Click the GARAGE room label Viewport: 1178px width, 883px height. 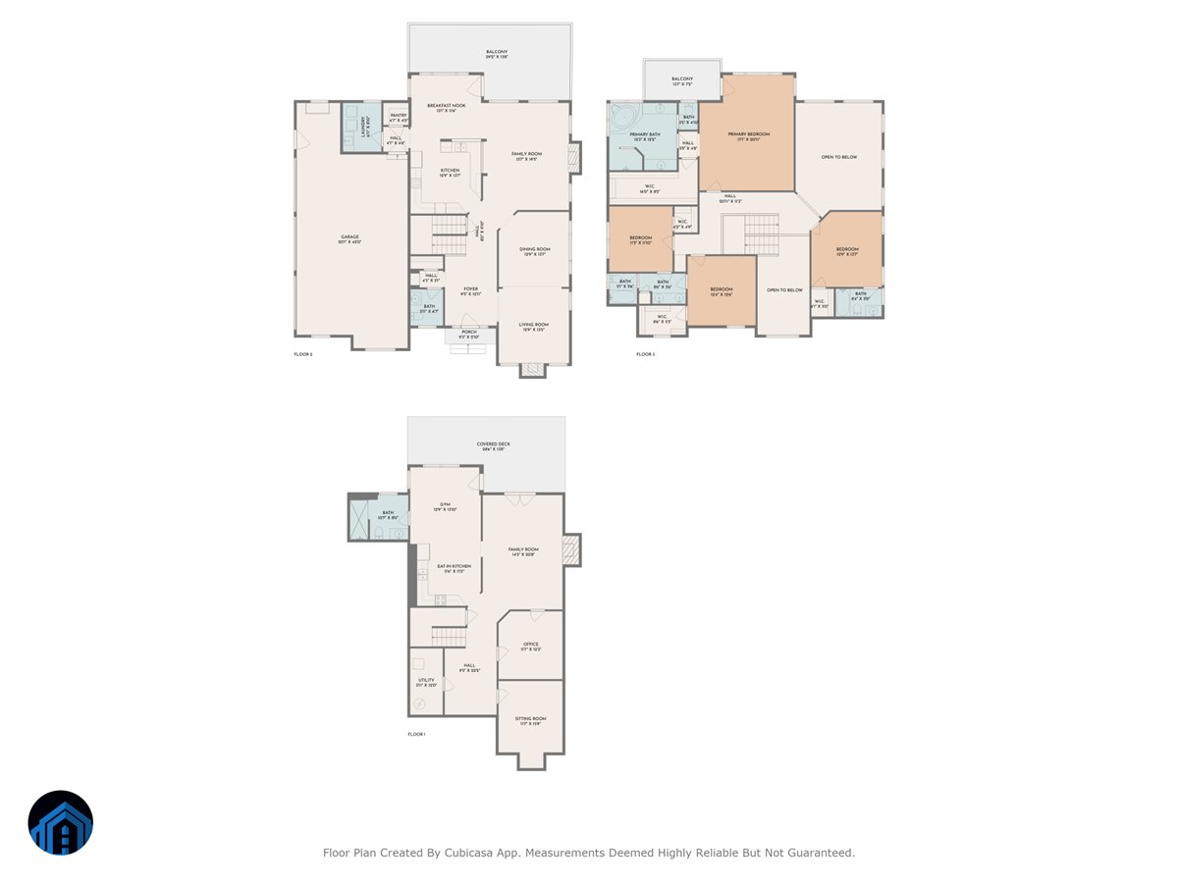click(x=350, y=238)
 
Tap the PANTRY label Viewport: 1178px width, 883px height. click(x=398, y=118)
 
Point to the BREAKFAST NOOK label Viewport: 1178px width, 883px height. click(x=446, y=107)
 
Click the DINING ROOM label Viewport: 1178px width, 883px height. click(x=535, y=251)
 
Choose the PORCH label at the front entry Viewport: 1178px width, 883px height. click(x=469, y=334)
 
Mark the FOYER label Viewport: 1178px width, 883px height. click(x=471, y=290)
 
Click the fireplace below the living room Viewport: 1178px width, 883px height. click(x=532, y=370)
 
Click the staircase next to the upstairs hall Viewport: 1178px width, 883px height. click(x=760, y=235)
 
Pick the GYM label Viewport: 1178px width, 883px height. click(x=445, y=507)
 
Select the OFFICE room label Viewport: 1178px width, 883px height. click(x=530, y=647)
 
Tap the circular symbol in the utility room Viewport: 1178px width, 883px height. click(x=421, y=704)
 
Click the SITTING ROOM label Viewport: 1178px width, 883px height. click(x=530, y=720)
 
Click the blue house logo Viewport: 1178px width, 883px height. click(x=61, y=823)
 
